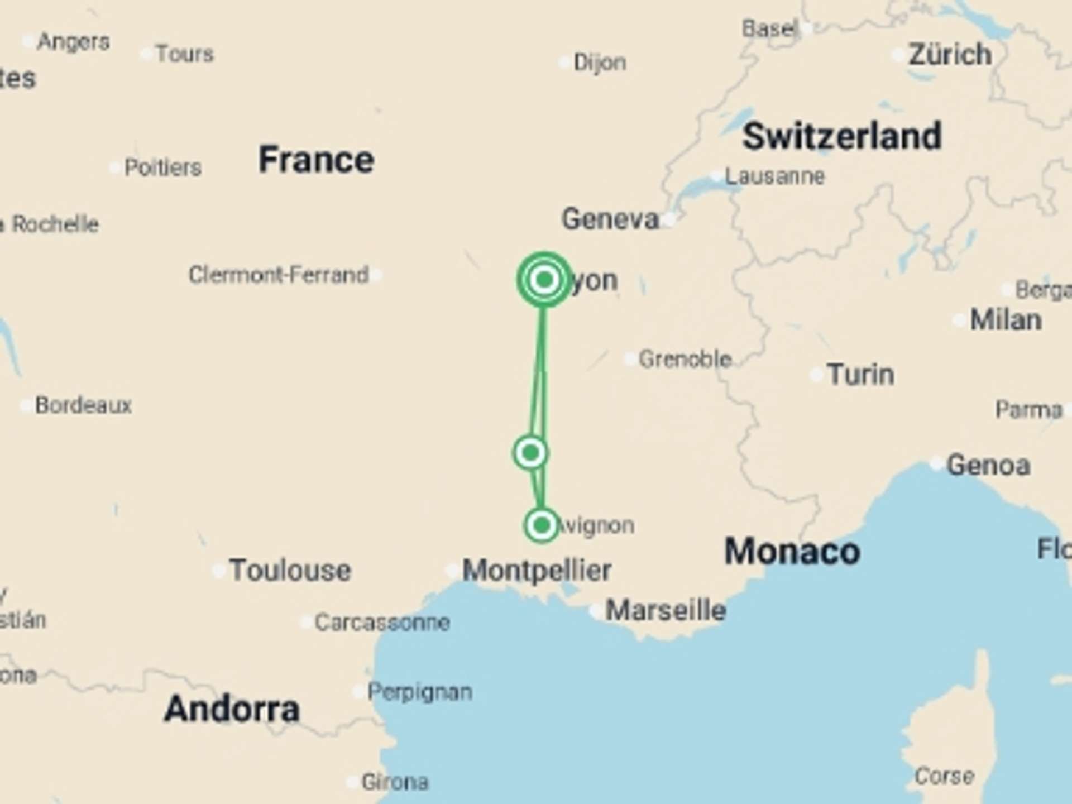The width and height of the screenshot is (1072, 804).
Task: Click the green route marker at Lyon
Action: click(x=544, y=279)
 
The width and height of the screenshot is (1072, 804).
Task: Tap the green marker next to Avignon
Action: click(x=541, y=525)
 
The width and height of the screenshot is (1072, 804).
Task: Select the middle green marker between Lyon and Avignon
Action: click(x=530, y=452)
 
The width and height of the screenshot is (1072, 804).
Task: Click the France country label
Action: click(x=316, y=160)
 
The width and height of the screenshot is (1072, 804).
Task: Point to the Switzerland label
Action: click(x=842, y=136)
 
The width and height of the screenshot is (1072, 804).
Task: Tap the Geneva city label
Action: click(x=610, y=219)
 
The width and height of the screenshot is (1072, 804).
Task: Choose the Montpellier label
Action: click(x=537, y=571)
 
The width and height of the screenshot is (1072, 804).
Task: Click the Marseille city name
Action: click(x=666, y=610)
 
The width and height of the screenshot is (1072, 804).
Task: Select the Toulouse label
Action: click(x=290, y=571)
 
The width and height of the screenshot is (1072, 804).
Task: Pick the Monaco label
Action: click(x=792, y=552)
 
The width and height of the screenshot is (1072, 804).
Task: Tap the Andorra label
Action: click(x=232, y=709)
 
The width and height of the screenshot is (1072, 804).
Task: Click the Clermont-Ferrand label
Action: click(x=279, y=275)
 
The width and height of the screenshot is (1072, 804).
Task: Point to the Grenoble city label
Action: click(x=685, y=359)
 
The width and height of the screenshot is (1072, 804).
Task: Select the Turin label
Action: click(x=860, y=374)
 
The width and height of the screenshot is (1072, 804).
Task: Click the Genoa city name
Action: click(x=988, y=465)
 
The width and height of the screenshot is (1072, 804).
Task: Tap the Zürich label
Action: click(x=950, y=55)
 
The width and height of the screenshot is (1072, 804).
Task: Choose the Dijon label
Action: click(x=600, y=63)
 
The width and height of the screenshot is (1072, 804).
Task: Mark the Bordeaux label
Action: click(x=83, y=405)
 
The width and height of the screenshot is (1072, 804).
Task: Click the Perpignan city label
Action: click(x=420, y=692)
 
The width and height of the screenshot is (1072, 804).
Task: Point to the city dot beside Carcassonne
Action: click(x=307, y=622)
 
